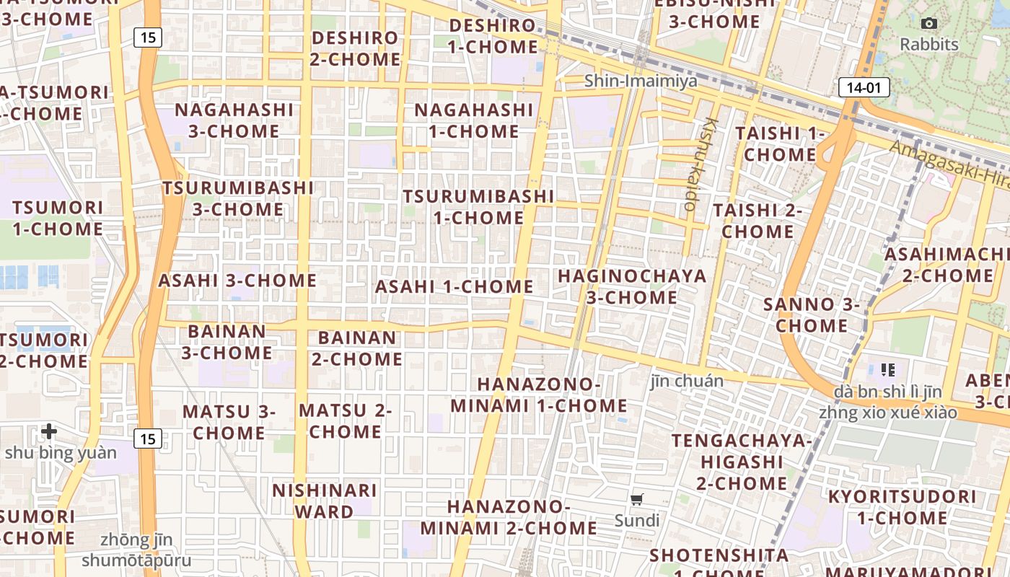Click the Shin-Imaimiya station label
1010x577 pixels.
(x=641, y=81)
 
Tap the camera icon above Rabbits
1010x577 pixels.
(x=929, y=23)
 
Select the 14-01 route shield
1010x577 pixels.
(x=864, y=88)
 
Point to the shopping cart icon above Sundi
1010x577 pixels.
(x=637, y=499)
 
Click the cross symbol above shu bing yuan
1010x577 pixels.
(x=49, y=431)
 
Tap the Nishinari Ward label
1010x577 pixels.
(x=324, y=501)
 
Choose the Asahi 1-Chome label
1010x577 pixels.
(x=454, y=286)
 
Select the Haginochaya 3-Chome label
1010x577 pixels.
(x=632, y=286)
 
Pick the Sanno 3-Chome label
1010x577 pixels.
(x=812, y=314)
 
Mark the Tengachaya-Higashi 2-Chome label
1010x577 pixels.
(x=742, y=462)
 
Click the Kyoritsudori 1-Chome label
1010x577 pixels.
(x=902, y=507)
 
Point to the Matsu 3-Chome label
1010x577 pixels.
(x=229, y=422)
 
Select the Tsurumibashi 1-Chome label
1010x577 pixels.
(x=478, y=206)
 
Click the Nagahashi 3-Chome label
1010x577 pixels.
(x=234, y=120)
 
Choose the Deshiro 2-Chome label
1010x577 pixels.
(x=355, y=48)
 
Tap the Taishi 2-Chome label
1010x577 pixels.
(x=757, y=221)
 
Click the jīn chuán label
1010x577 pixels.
(x=687, y=380)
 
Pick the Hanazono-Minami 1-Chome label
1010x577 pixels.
(x=539, y=395)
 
